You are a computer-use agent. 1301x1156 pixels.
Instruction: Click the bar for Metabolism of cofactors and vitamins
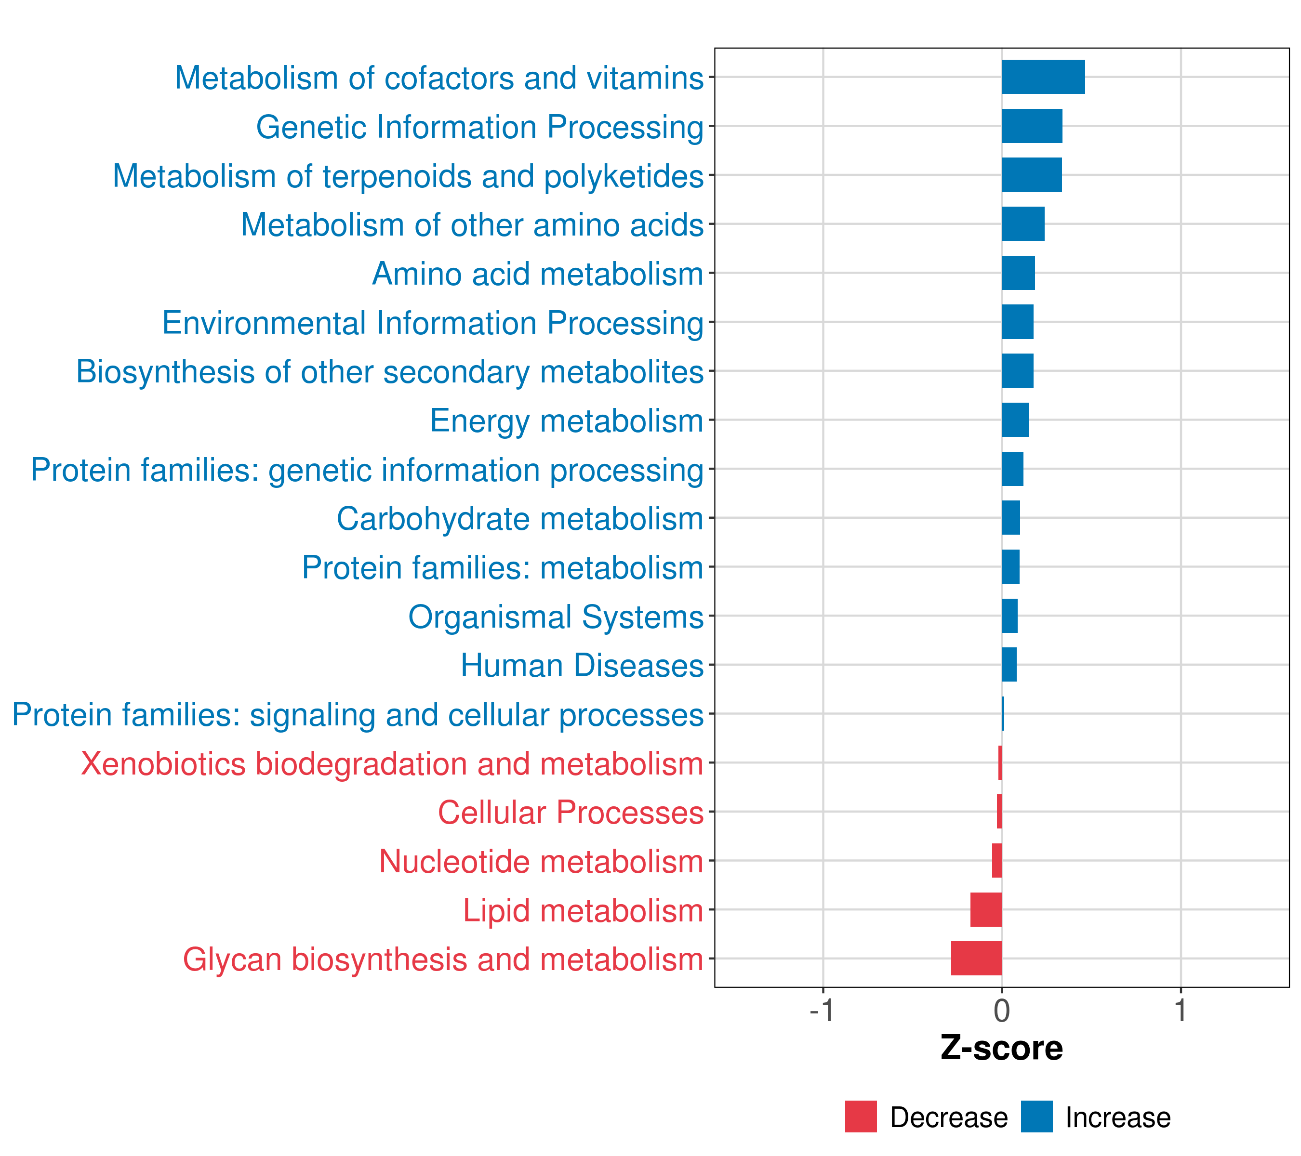[x=1043, y=77]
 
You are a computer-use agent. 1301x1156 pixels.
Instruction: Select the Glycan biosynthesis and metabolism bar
[x=976, y=958]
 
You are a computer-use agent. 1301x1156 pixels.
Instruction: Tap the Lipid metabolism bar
[x=986, y=909]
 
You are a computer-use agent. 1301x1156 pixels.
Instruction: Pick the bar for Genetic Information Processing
[x=1032, y=126]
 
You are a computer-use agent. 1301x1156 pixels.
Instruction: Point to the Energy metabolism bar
[x=1015, y=420]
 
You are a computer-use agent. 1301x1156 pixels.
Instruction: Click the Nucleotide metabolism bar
[x=997, y=860]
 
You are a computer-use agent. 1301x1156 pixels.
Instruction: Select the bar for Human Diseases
[x=1009, y=664]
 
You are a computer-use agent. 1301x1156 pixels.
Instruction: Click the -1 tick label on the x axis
[x=822, y=1011]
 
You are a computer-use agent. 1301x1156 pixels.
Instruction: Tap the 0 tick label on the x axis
[x=1002, y=1011]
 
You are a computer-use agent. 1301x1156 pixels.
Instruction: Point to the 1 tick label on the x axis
[x=1181, y=1011]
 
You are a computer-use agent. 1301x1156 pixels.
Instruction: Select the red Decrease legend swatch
[x=861, y=1117]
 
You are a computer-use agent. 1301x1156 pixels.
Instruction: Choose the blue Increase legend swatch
[x=1036, y=1117]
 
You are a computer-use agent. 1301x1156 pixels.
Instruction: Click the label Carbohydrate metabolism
[x=519, y=518]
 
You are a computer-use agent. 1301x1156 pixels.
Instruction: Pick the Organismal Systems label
[x=556, y=617]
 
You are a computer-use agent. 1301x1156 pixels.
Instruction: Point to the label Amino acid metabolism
[x=537, y=274]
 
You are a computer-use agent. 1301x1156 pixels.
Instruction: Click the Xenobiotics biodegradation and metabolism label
[x=391, y=763]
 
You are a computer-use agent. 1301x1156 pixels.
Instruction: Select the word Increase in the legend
[x=1118, y=1117]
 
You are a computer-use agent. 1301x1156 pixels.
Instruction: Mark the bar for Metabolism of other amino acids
[x=1023, y=224]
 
